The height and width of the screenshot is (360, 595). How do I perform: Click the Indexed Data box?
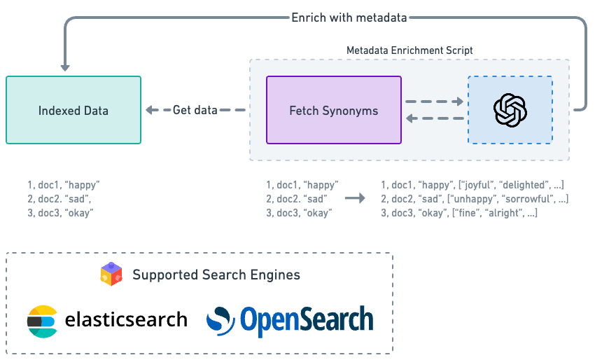pyautogui.click(x=73, y=111)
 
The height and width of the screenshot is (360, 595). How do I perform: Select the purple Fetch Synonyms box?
pyautogui.click(x=334, y=111)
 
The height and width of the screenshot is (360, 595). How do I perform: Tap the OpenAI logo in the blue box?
pyautogui.click(x=510, y=111)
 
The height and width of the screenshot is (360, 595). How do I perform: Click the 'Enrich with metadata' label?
pyautogui.click(x=349, y=18)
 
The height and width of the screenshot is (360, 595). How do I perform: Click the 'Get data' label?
pyautogui.click(x=195, y=110)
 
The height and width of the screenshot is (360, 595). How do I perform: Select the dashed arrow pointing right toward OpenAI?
pyautogui.click(x=435, y=102)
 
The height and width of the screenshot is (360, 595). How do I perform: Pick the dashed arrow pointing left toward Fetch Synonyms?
pyautogui.click(x=435, y=119)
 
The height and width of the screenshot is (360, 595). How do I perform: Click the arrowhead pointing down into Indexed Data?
pyautogui.click(x=65, y=67)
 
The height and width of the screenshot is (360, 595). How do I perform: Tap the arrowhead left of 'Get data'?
pyautogui.click(x=150, y=110)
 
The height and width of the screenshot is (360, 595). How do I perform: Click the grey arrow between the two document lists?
pyautogui.click(x=356, y=198)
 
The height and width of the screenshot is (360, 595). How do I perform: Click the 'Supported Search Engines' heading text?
pyautogui.click(x=216, y=275)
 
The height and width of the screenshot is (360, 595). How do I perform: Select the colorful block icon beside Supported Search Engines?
pyautogui.click(x=111, y=274)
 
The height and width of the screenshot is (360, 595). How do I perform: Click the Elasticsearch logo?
pyautogui.click(x=43, y=321)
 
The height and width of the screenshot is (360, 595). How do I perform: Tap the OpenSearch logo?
pyautogui.click(x=290, y=320)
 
